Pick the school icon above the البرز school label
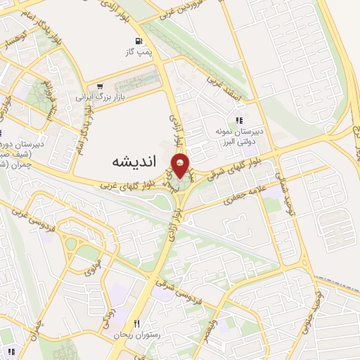[239, 120]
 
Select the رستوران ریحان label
[136, 335]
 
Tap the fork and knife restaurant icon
[137, 323]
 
